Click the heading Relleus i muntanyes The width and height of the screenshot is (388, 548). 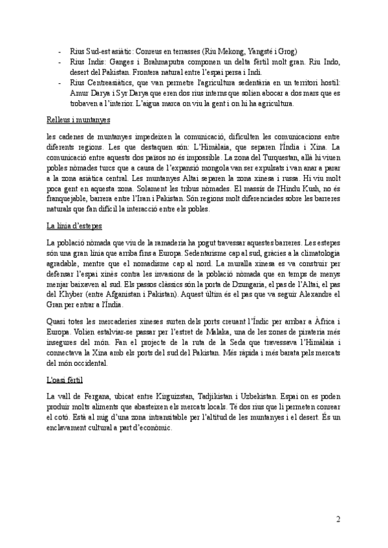(x=79, y=120)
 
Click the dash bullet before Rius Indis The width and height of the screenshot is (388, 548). (x=60, y=61)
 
